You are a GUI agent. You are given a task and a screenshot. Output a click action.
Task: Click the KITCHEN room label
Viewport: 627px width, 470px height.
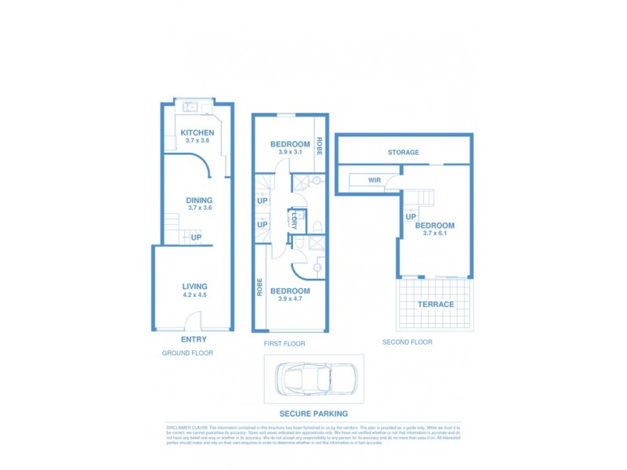(x=197, y=133)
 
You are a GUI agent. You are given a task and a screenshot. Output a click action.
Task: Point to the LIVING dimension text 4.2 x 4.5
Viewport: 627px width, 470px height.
(x=194, y=296)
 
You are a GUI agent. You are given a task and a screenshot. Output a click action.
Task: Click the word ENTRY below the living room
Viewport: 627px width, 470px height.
(x=194, y=339)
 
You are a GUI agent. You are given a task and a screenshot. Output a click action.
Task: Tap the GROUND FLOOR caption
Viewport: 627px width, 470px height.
(x=187, y=353)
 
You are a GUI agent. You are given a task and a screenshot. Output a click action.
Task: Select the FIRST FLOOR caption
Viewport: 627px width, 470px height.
(x=285, y=344)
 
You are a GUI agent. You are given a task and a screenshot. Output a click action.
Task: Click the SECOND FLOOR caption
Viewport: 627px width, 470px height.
(x=407, y=342)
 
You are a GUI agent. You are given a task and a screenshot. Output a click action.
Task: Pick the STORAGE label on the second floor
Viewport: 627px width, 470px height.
(x=403, y=153)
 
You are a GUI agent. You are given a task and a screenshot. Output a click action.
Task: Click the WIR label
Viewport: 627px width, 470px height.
(x=374, y=181)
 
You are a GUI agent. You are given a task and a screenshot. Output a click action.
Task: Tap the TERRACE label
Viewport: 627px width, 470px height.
(x=435, y=304)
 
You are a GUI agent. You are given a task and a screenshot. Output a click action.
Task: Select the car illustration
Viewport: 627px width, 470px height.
(x=313, y=379)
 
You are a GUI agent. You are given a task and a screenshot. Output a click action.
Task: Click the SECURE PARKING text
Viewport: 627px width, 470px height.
(x=313, y=414)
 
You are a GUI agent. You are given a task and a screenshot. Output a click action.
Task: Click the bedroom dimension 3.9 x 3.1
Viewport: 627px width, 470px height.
(x=289, y=153)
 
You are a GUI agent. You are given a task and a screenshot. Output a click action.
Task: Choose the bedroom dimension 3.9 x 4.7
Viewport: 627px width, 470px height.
(x=289, y=299)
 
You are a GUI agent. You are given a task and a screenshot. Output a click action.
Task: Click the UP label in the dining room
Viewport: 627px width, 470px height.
(x=197, y=238)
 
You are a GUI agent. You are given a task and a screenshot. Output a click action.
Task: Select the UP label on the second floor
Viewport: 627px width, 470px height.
(x=410, y=217)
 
